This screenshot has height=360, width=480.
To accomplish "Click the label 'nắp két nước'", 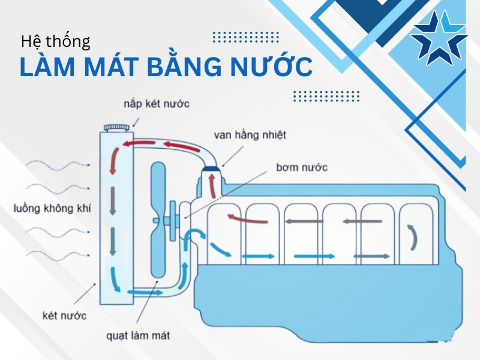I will pos(157,104).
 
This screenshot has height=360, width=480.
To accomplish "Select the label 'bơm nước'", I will pos(302,167).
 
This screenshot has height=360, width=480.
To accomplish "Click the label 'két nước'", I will pos(65,315).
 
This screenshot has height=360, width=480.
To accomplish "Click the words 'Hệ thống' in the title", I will pos(55,41).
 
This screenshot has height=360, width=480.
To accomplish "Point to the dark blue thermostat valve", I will pos(211,169).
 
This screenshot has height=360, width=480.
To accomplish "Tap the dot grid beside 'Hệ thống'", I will pos(246,37).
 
